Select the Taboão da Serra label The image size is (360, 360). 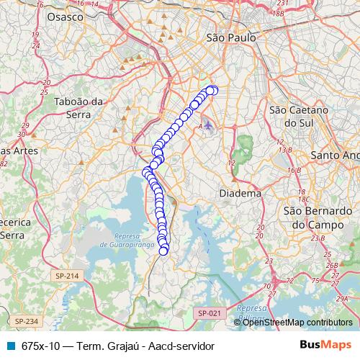pyautogui.click(x=80, y=108)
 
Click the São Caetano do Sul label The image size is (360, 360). pyautogui.click(x=298, y=117)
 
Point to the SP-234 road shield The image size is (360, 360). pyautogui.click(x=25, y=320)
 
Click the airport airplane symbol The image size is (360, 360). pyautogui.click(x=209, y=125)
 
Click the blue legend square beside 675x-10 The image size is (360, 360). pyautogui.click(x=9, y=345)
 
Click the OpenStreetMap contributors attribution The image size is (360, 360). pyautogui.click(x=297, y=323)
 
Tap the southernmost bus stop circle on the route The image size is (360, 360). pyautogui.click(x=164, y=250)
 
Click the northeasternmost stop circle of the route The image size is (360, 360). pyautogui.click(x=213, y=90)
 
